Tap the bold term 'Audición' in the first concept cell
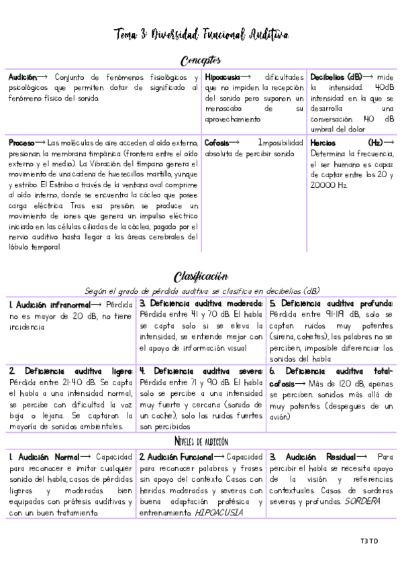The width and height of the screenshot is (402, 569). [22, 77]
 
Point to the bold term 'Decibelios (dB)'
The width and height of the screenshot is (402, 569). [336, 77]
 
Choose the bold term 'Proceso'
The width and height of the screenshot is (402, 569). [21, 143]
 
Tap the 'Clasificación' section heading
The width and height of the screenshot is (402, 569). [201, 276]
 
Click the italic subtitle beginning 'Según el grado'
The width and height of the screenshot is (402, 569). [201, 291]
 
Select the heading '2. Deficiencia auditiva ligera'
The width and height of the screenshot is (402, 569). [71, 370]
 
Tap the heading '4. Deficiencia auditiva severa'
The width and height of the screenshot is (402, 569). [201, 370]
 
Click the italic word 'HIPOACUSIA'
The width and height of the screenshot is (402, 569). [219, 513]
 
